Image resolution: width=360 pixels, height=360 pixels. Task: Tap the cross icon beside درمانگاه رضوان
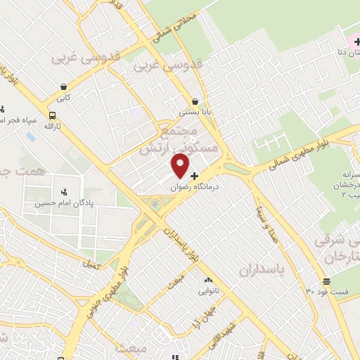[x=195, y=176]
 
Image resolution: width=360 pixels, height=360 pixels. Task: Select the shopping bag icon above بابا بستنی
[x=195, y=101]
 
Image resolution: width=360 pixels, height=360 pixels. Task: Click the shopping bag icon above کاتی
[x=64, y=88]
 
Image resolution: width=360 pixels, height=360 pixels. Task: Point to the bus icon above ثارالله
[x=52, y=115]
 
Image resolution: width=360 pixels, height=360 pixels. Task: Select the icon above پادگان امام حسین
[x=64, y=191]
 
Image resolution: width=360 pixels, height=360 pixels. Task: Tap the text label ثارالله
[x=52, y=127]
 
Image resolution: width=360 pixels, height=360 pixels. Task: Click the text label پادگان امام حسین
[x=64, y=204]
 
